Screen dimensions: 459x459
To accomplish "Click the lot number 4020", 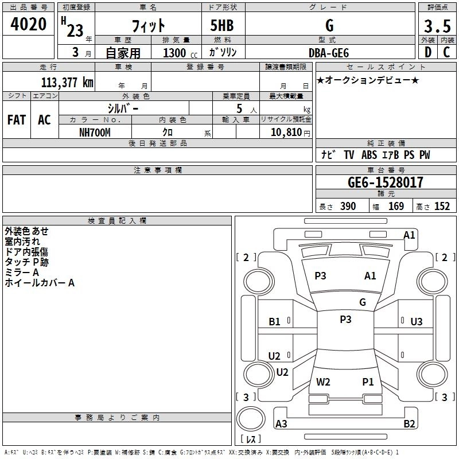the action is [29, 24].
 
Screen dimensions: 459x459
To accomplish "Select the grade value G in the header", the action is [329, 25].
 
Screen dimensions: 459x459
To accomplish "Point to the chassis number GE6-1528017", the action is [386, 182].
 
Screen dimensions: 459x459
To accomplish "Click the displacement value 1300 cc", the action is [178, 53].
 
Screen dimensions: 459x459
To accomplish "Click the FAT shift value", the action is [16, 119].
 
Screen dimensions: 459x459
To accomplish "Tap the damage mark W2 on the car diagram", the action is [323, 382].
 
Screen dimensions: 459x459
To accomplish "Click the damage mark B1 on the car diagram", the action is [275, 321].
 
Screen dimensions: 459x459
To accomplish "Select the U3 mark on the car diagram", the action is [417, 321].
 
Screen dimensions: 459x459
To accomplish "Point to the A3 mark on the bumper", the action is [281, 424].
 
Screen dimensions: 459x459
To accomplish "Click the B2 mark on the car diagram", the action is [409, 424].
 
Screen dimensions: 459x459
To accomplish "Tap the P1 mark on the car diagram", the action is [368, 382].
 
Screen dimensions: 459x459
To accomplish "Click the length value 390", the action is [348, 207].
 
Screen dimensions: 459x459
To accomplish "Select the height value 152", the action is [442, 207].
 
